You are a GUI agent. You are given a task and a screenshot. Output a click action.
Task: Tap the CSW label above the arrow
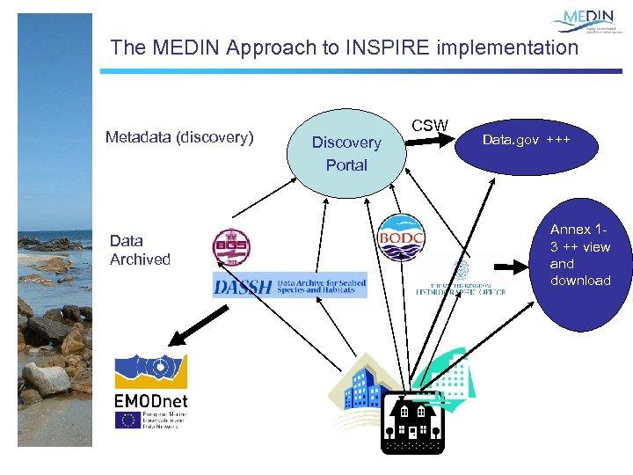click(430, 125)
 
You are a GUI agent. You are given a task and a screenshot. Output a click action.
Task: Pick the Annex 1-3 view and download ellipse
click(579, 255)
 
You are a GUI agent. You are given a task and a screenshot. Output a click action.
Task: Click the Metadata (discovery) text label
click(179, 137)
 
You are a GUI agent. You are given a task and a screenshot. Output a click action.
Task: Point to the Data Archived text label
click(140, 250)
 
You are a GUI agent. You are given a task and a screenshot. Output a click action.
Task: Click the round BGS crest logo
click(231, 248)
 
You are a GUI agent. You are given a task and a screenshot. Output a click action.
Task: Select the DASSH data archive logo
click(289, 284)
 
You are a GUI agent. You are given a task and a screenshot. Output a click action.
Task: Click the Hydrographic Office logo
click(460, 279)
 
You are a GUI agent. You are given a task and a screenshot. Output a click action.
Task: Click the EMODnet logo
click(150, 391)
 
